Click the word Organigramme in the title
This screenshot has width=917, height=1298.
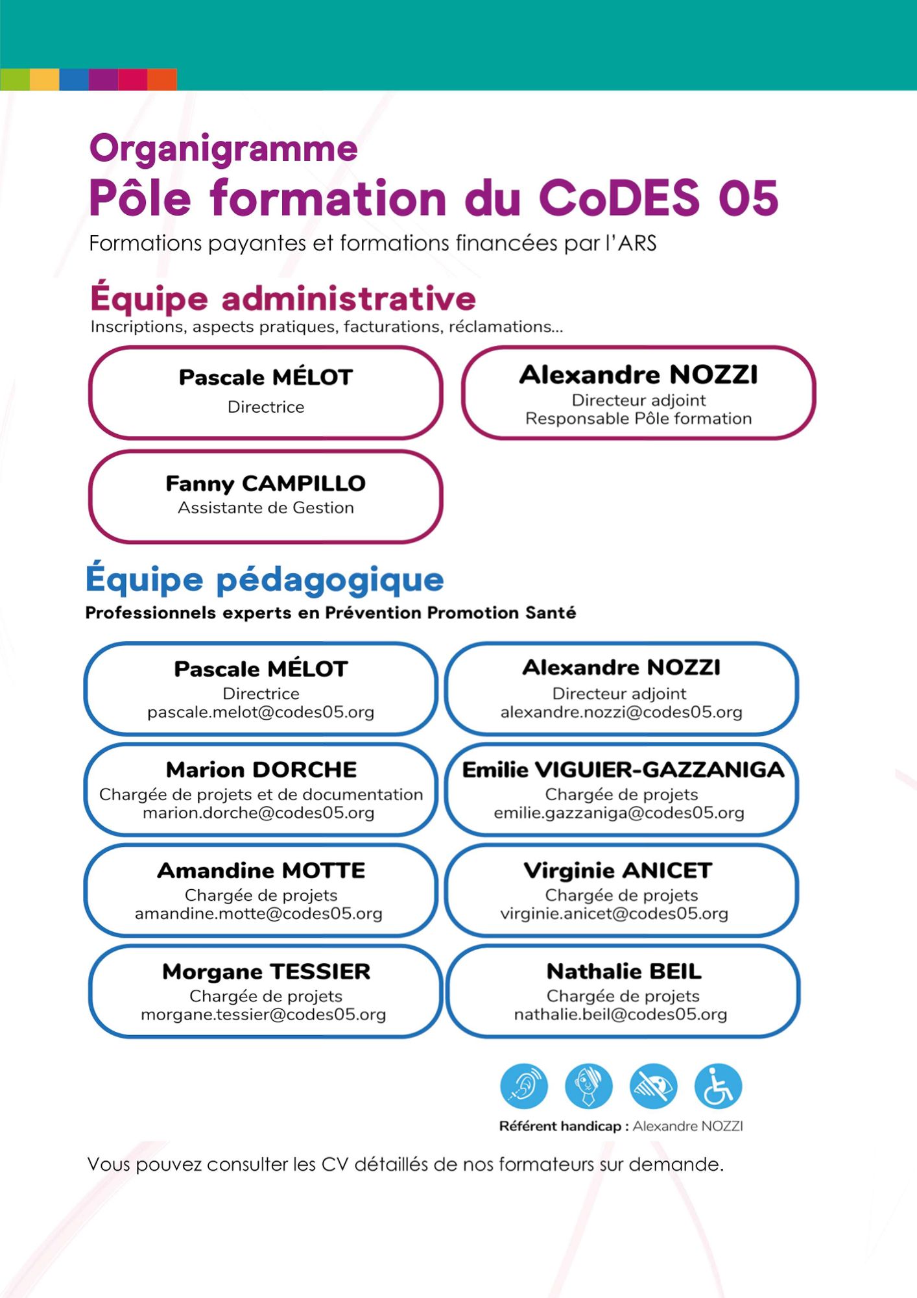(x=223, y=149)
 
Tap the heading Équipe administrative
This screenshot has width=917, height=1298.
(x=283, y=299)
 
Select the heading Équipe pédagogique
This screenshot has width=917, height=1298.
(x=265, y=580)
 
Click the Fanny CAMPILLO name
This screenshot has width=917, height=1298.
(x=266, y=484)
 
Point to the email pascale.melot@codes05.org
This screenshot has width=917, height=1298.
(x=261, y=712)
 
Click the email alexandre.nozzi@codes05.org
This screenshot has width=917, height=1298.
(x=621, y=712)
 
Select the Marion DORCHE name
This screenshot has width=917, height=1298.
(x=261, y=770)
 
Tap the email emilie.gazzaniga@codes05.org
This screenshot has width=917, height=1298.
(x=619, y=813)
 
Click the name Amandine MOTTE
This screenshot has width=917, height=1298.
(x=261, y=870)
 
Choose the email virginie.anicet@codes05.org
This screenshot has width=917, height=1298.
(x=614, y=914)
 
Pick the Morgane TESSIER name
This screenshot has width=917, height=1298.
(x=266, y=972)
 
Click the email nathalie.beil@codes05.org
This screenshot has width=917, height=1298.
(x=621, y=1014)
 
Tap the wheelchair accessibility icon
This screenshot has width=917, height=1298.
(x=718, y=1086)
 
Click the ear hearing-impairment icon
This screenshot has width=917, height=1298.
(x=524, y=1086)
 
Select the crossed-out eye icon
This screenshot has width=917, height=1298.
(x=653, y=1086)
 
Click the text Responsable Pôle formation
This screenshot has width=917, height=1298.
(x=638, y=419)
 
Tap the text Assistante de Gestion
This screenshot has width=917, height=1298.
(x=266, y=508)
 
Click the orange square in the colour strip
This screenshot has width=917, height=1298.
(x=162, y=79)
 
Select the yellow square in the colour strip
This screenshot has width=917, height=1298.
(x=45, y=79)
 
